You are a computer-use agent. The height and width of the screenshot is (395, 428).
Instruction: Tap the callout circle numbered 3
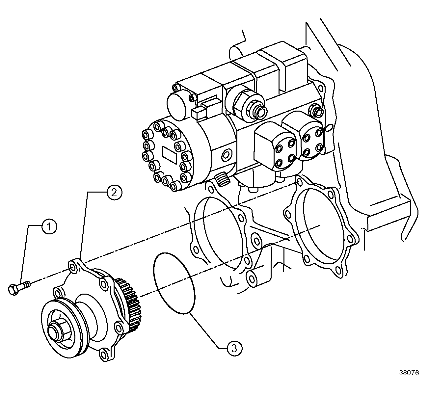[x=234, y=348]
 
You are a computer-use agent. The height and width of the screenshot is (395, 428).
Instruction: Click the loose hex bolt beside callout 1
[x=18, y=286]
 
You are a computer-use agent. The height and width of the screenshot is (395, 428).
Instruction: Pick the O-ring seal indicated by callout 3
[x=174, y=283]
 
